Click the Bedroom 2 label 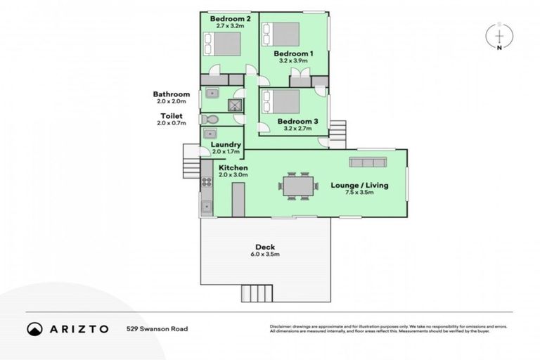point(230,18)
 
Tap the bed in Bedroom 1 point(281,34)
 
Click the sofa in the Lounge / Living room point(368,163)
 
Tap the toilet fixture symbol point(210,120)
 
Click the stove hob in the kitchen point(207,182)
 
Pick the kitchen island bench point(238,199)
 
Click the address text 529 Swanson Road point(157,328)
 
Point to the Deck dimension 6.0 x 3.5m point(264,255)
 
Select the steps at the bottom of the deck point(257,293)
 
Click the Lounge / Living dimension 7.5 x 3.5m point(359,193)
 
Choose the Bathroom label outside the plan point(172,94)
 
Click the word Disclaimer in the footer point(282,326)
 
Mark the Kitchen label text point(233,169)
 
